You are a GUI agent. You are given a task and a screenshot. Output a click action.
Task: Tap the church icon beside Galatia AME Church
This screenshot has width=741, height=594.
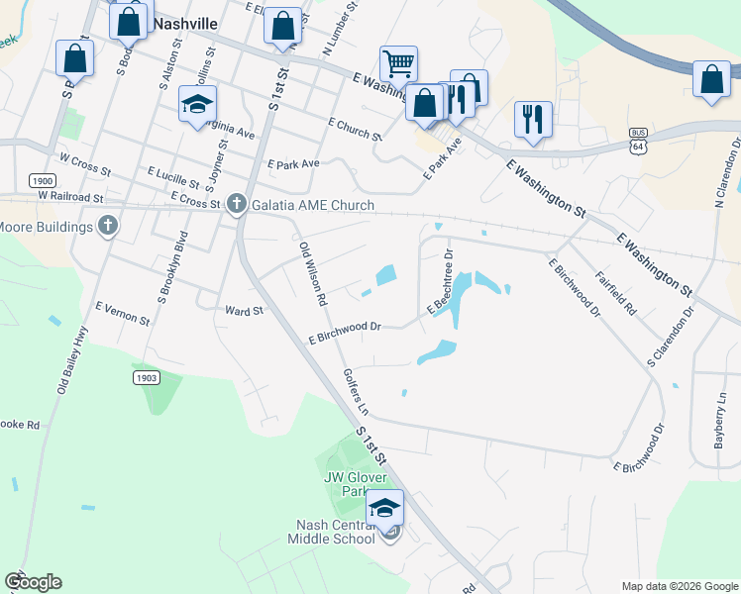[236, 204]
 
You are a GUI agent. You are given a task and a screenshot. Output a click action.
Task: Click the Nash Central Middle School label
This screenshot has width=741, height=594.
[331, 532]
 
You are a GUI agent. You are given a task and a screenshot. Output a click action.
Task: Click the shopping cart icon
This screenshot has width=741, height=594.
[398, 64]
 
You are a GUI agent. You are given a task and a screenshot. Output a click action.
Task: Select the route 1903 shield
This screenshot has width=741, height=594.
[147, 378]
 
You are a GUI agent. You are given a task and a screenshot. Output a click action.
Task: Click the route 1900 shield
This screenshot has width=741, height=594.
[43, 181]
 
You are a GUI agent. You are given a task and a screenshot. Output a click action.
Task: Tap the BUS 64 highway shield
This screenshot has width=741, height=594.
[637, 140]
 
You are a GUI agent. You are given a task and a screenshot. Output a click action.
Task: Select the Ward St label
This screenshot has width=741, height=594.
[244, 310]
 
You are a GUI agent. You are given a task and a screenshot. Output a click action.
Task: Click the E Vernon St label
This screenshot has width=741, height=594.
[121, 314]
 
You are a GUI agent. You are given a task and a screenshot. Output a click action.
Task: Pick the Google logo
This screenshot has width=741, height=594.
[33, 582]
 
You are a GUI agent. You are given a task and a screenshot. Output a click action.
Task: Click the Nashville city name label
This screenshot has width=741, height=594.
[183, 21]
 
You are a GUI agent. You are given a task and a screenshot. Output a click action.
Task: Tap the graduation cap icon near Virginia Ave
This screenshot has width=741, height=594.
[197, 104]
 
